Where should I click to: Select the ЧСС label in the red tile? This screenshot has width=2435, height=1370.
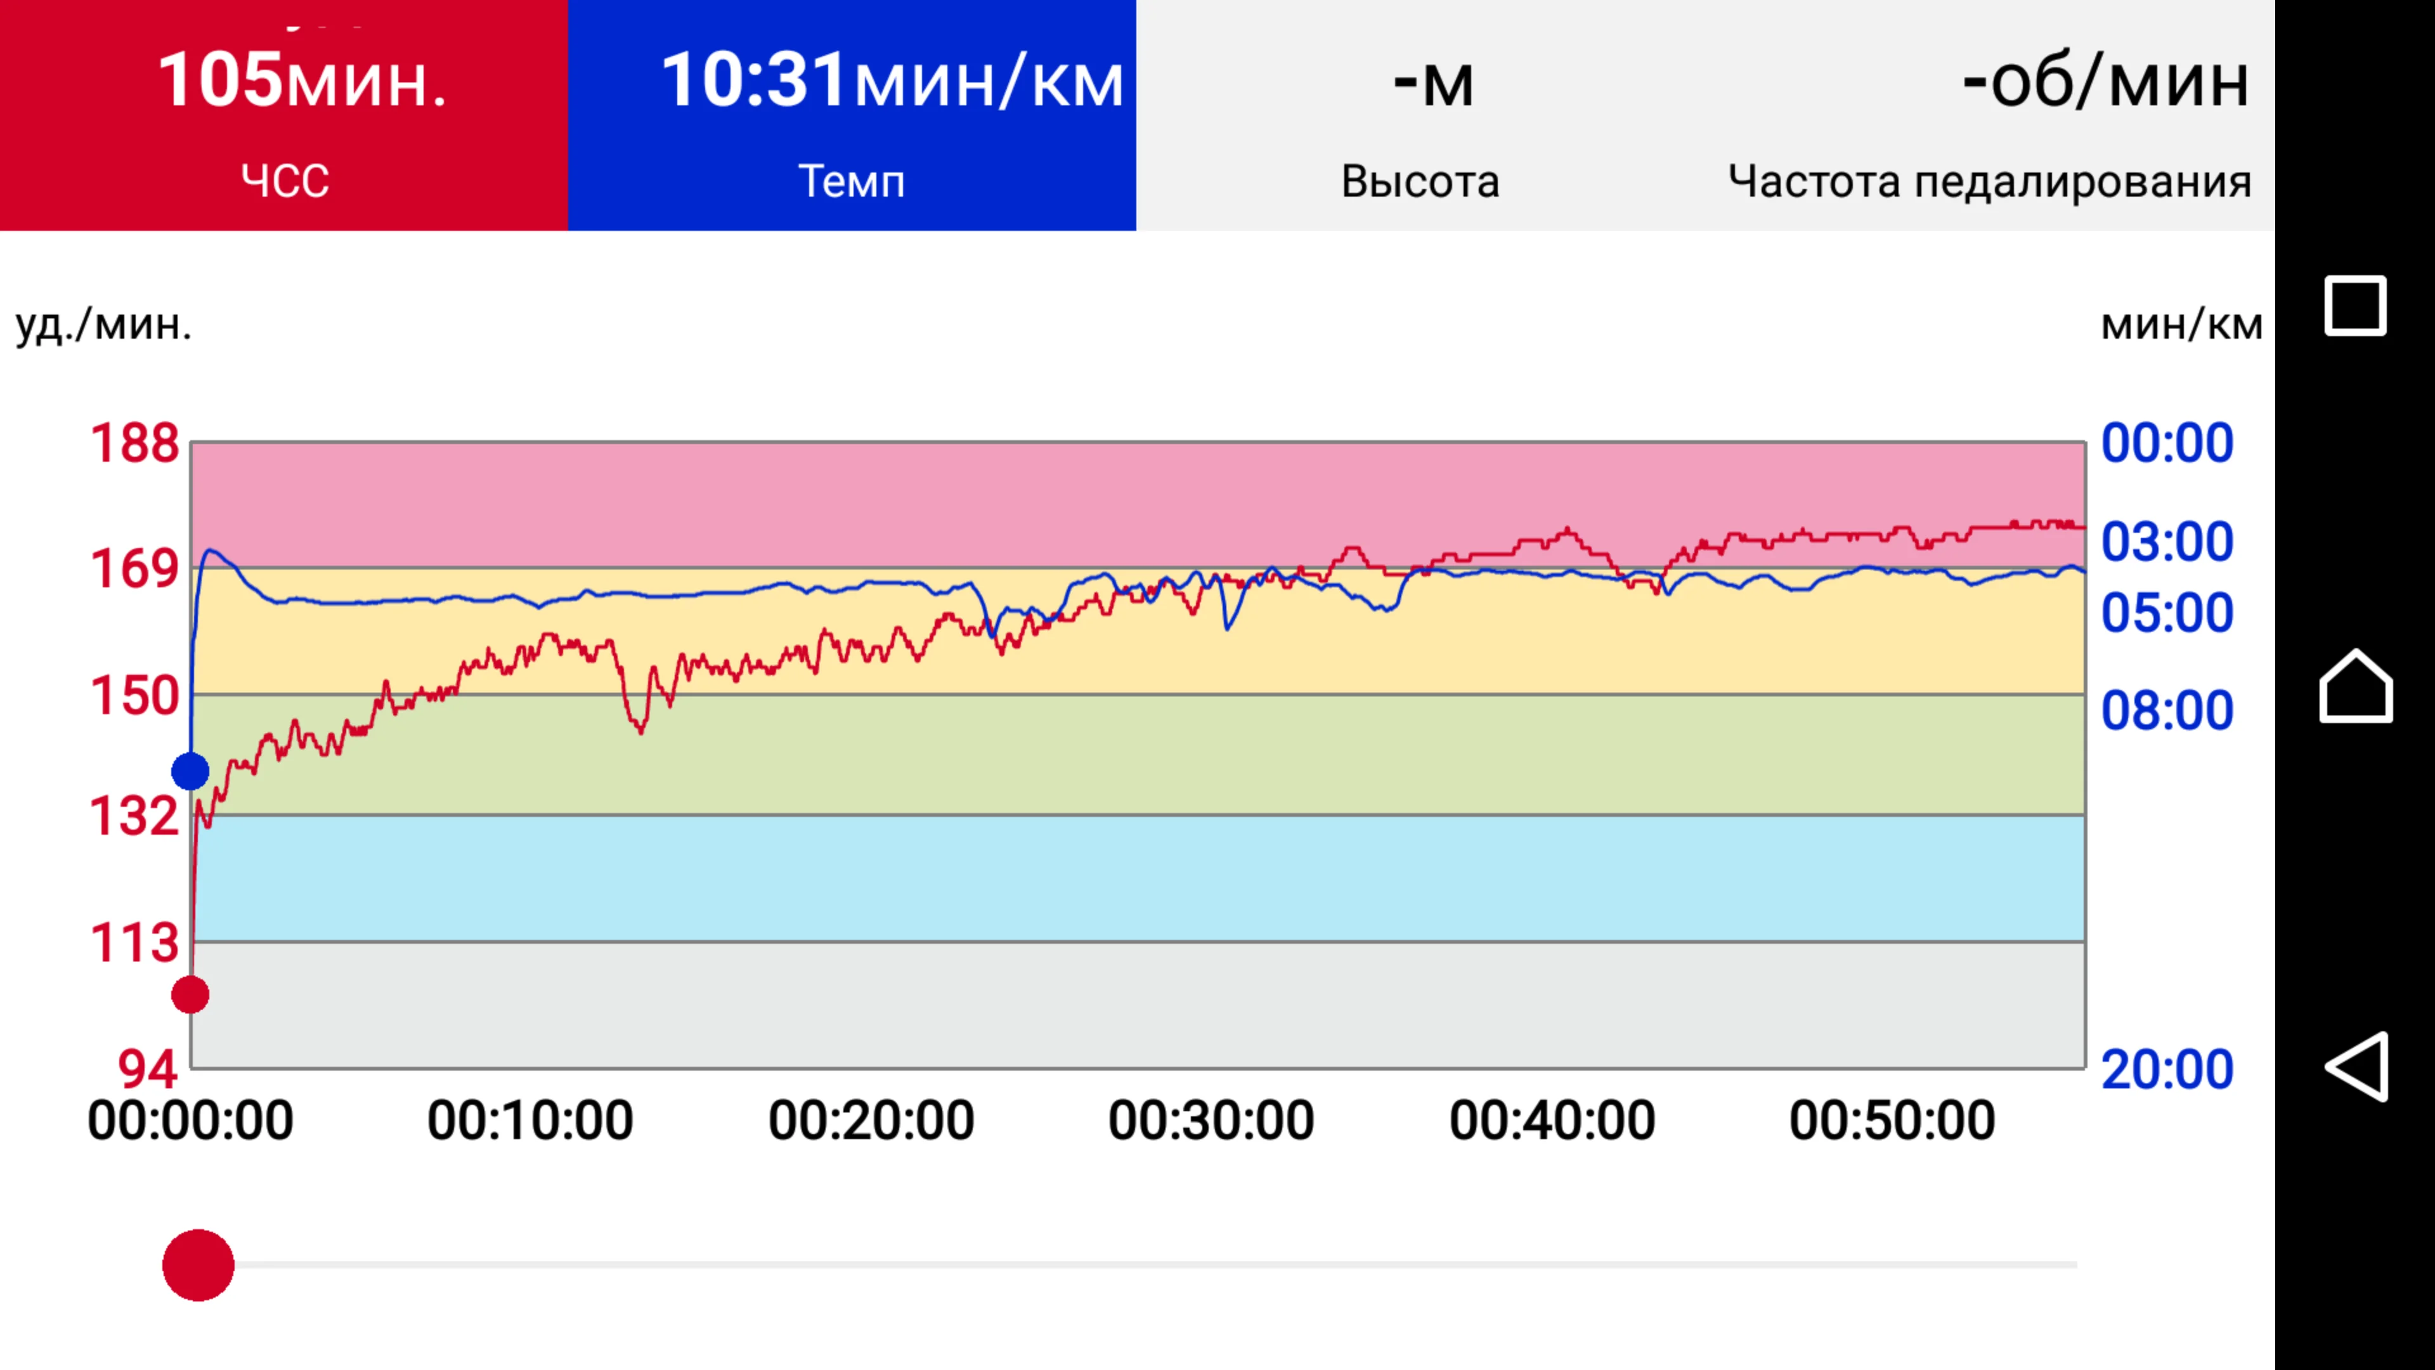pos(285,181)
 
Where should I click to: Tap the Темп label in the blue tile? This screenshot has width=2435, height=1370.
pos(852,181)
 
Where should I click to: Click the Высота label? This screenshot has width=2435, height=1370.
pos(1420,181)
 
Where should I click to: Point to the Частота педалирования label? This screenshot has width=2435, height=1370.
pos(1989,181)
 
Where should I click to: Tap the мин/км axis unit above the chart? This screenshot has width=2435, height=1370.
pos(2181,324)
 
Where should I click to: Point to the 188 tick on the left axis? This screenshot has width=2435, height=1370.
pos(134,443)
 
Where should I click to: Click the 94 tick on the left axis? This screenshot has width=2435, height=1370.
pos(148,1069)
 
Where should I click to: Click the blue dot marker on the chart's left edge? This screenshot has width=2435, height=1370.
pos(190,771)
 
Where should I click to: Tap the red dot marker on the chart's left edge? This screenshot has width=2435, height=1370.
pos(190,995)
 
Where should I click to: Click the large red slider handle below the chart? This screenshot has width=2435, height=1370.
pos(198,1265)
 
